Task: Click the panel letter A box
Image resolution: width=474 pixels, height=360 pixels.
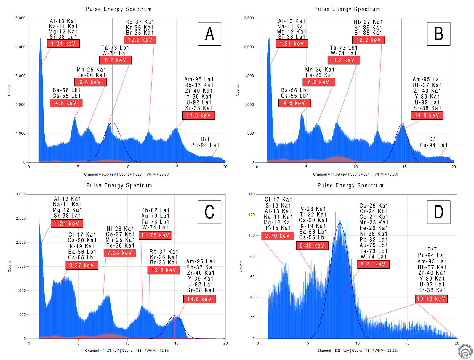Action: coord(209,34)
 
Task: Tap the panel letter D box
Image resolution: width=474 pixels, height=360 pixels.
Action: coord(438,212)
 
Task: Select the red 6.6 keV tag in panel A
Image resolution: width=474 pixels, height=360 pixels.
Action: coord(90,82)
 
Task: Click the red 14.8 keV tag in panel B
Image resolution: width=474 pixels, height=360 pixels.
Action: coord(427,115)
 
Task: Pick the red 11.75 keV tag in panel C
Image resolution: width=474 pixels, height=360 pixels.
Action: coord(155,235)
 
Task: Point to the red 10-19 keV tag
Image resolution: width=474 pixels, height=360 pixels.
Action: coord(431,299)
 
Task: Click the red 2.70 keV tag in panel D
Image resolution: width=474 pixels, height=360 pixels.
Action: coord(278,236)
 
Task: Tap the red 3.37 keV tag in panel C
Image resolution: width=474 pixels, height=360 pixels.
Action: coord(81,266)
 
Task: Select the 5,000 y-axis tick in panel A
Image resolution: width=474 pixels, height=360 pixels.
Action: coord(20,18)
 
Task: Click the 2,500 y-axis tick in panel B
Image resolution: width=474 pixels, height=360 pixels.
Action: coord(249,18)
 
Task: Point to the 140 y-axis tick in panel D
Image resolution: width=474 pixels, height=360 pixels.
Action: coord(252,194)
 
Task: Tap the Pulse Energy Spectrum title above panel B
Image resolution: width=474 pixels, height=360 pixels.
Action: coord(347,9)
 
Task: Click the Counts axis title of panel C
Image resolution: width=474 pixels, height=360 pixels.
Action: coord(9,266)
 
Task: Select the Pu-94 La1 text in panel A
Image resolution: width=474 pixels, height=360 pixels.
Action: coord(205,145)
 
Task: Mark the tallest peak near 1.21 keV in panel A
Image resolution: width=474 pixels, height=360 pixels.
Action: coord(41,37)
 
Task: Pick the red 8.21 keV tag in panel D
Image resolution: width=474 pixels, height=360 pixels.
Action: coord(373,264)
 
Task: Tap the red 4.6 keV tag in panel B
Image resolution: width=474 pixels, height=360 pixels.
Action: coord(294,103)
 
